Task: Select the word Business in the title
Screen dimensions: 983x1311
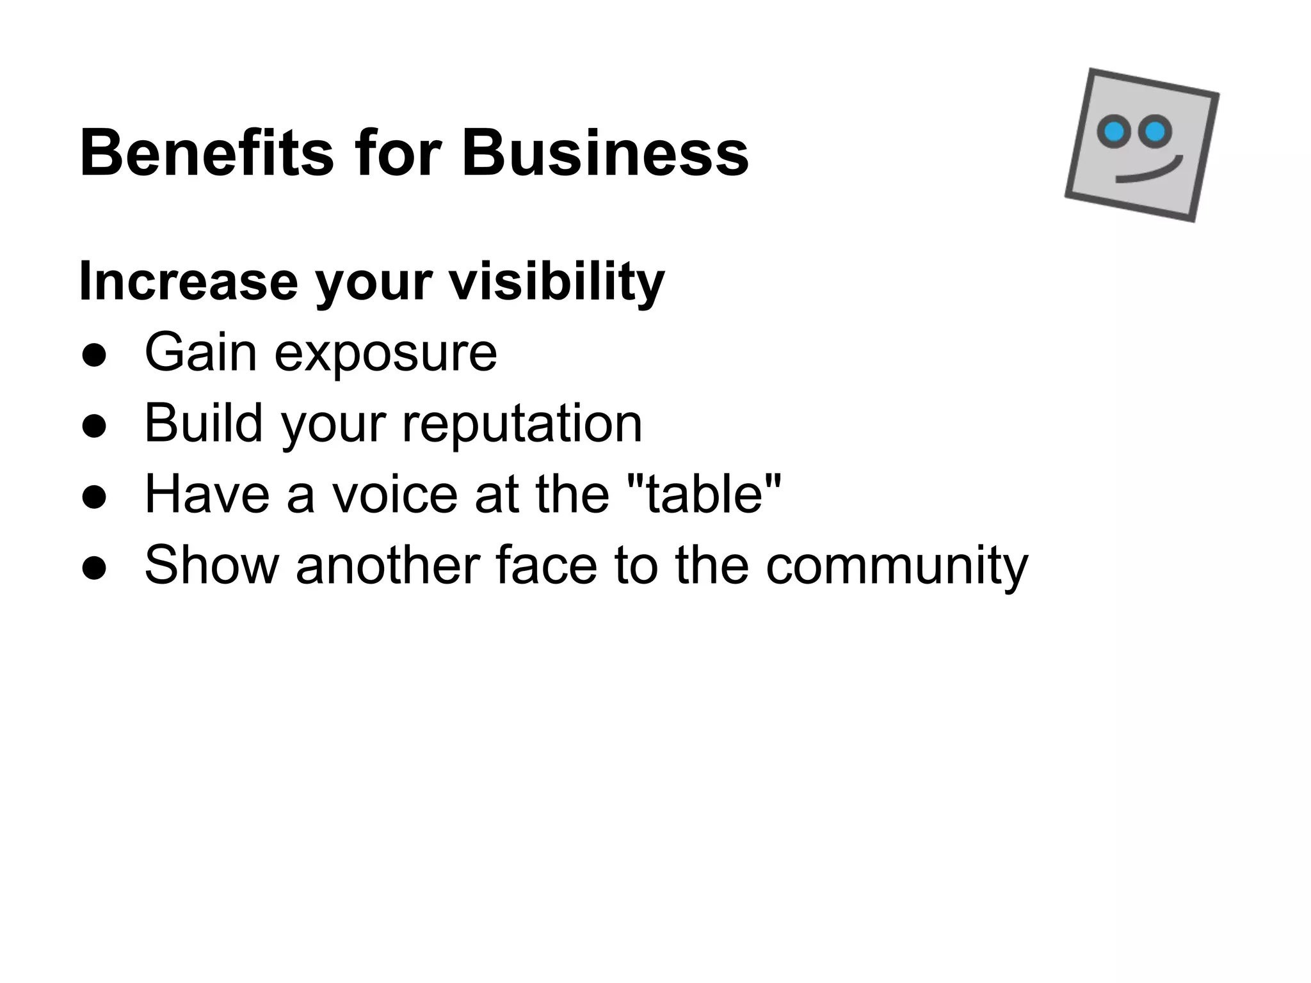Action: [605, 154]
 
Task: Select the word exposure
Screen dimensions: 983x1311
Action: [385, 355]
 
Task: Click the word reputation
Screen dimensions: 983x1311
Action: [521, 425]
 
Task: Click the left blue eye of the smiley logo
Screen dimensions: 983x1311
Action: [1114, 131]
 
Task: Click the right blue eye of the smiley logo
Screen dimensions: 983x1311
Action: [1155, 132]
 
